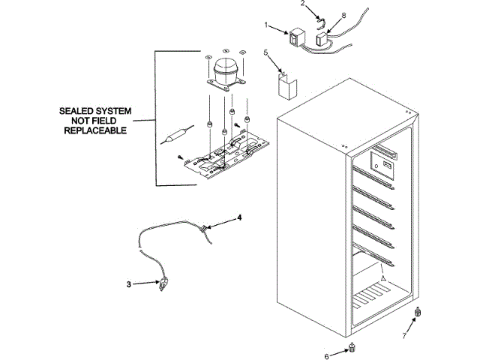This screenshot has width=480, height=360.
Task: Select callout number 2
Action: click(302, 4)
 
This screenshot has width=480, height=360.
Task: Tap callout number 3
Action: click(129, 284)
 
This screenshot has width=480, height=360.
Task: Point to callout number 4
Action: click(239, 217)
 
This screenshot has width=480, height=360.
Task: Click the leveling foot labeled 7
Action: click(418, 311)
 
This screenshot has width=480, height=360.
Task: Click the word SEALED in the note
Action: click(77, 111)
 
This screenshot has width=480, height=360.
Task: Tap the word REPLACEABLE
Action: click(95, 130)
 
